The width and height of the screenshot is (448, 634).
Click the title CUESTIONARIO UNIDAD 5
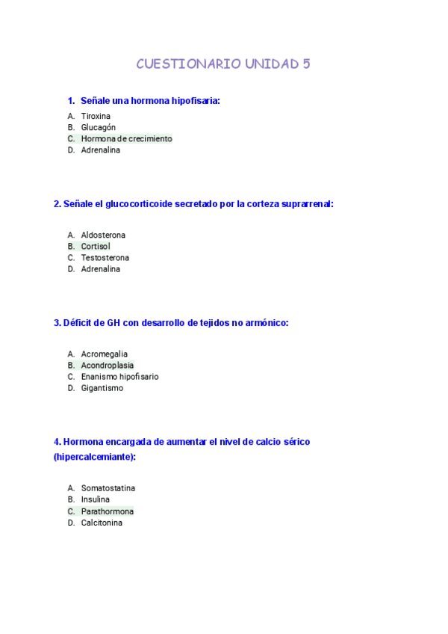[x=223, y=64]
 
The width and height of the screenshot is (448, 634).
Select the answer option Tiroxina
[x=96, y=116]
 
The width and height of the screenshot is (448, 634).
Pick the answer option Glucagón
[x=98, y=127]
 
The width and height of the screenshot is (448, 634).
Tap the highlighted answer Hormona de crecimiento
[x=126, y=138]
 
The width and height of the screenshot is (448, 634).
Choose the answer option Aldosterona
[x=103, y=235]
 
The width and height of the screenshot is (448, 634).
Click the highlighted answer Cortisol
[x=96, y=246]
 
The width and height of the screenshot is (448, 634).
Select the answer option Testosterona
[x=105, y=257]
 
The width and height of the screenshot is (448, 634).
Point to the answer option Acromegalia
[x=104, y=354]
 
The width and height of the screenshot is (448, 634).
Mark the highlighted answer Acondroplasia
[x=108, y=365]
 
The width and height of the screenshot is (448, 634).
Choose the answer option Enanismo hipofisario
[x=119, y=377]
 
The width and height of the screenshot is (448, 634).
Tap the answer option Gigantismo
[x=102, y=388]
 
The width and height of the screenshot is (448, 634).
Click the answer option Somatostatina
[x=108, y=488]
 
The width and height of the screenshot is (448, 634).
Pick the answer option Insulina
[x=96, y=499]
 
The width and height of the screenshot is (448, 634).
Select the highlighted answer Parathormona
[x=108, y=511]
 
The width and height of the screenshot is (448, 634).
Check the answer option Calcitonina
[x=102, y=523]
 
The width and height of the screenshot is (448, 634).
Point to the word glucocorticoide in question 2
[x=139, y=203]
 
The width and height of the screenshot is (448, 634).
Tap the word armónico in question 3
[x=266, y=323]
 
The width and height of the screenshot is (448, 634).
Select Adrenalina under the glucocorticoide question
[x=100, y=269]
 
